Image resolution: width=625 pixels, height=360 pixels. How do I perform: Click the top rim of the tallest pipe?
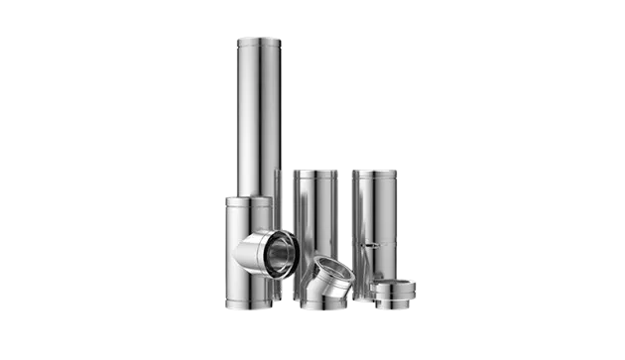pos(257,37)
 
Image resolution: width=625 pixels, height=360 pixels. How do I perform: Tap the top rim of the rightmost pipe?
pos(376,171)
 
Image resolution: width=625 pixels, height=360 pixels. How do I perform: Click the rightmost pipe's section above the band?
pos(376,208)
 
